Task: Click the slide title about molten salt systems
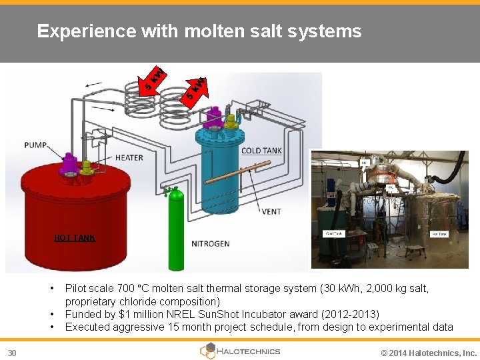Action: (199, 31)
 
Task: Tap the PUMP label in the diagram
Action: (36, 145)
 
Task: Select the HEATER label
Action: (129, 158)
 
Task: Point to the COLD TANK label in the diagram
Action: (261, 151)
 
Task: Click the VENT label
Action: (271, 211)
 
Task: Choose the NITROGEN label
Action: (210, 243)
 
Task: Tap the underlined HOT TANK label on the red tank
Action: (74, 238)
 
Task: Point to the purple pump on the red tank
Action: (70, 163)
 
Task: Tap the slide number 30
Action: (13, 352)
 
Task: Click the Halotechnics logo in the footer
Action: (240, 351)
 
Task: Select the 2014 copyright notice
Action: (428, 353)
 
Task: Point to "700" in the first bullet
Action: (125, 289)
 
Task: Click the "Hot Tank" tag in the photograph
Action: (439, 234)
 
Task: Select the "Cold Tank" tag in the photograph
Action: (333, 233)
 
